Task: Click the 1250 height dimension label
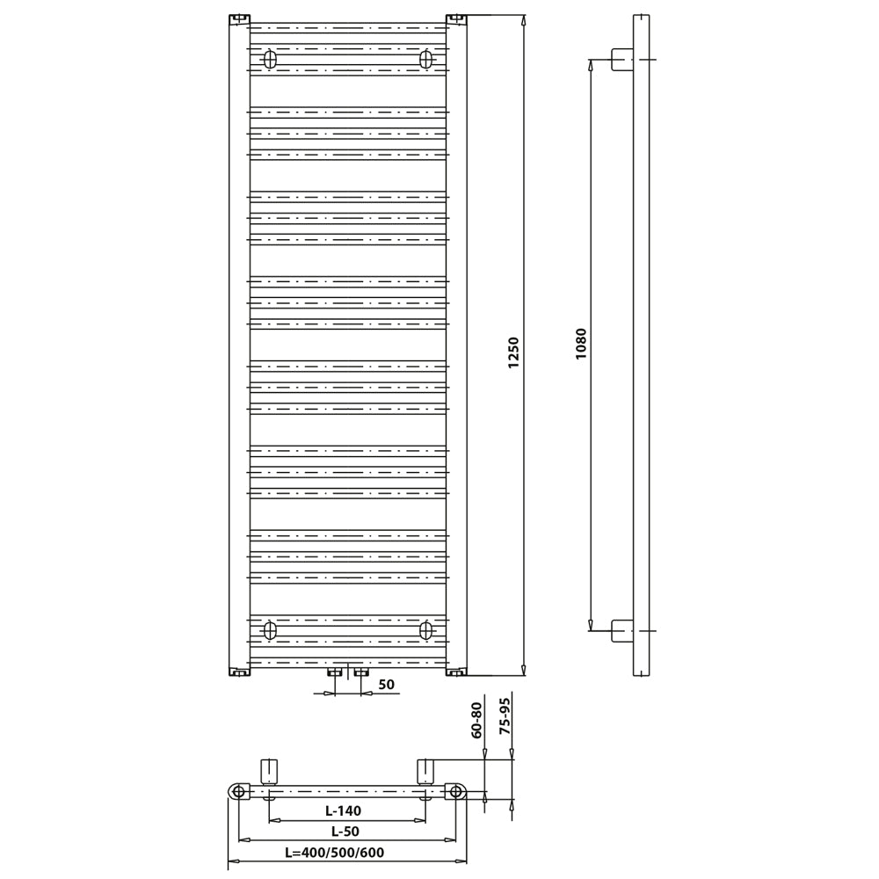click(x=513, y=352)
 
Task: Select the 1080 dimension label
click(x=580, y=344)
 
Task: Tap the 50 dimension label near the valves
click(x=386, y=685)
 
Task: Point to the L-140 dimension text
click(x=343, y=810)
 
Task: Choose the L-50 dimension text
click(x=345, y=832)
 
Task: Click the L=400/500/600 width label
click(x=335, y=853)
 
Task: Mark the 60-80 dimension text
click(x=476, y=720)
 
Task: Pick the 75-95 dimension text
click(x=505, y=716)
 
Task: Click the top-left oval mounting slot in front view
click(x=270, y=59)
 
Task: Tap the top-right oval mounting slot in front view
click(x=426, y=59)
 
